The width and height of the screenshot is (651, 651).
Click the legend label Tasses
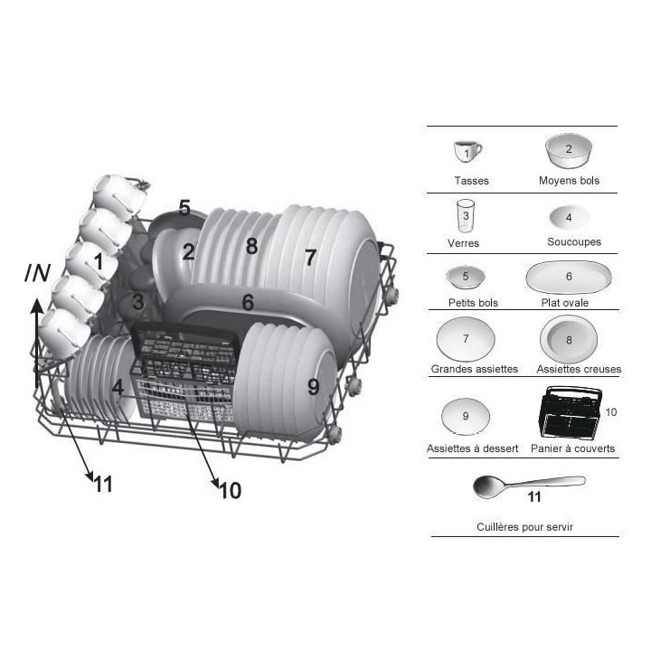click(471, 181)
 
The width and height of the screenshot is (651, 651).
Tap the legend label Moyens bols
click(568, 181)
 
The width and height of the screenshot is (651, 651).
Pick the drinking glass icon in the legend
click(466, 217)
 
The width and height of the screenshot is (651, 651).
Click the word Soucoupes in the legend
click(573, 242)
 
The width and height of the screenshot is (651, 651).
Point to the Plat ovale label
click(564, 303)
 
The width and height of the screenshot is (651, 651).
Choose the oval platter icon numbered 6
click(568, 277)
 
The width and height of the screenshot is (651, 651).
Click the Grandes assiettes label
click(474, 369)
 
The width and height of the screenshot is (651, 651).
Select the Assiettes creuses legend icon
click(568, 341)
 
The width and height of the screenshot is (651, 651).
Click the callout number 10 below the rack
click(230, 491)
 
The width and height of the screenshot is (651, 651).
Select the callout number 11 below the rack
click(102, 485)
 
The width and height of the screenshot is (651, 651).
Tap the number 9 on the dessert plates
click(313, 387)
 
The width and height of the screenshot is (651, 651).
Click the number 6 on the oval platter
click(247, 302)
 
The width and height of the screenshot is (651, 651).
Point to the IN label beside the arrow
click(37, 272)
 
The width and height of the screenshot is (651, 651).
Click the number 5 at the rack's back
click(184, 208)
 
